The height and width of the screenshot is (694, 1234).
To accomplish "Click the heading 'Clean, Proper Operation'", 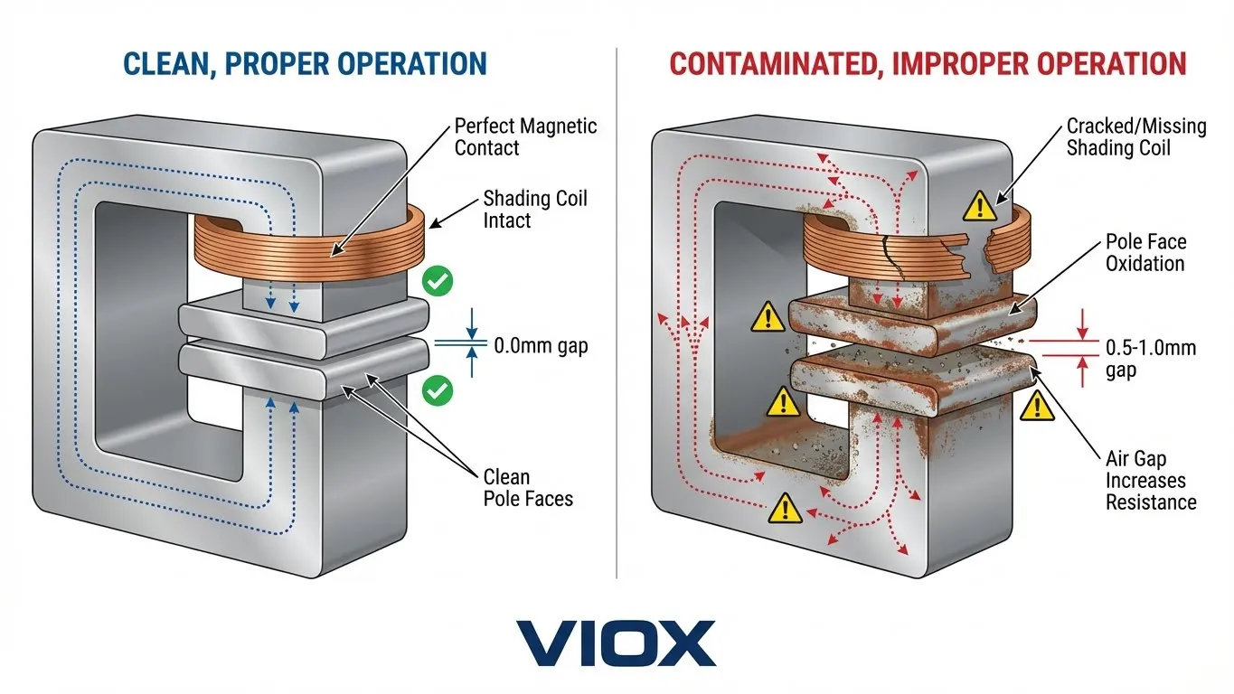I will click(305, 63).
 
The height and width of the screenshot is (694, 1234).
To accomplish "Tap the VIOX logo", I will click(616, 642).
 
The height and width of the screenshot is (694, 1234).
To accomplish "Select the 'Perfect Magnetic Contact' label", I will click(525, 136).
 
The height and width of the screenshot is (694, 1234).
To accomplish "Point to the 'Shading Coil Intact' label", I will click(535, 208).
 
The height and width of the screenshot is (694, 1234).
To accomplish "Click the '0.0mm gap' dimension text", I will click(541, 344).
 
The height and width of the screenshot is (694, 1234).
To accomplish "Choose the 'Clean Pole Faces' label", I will click(527, 487).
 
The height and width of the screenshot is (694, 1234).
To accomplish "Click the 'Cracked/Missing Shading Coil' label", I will click(1136, 136).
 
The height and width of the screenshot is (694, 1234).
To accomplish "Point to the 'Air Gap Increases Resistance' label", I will click(1151, 481).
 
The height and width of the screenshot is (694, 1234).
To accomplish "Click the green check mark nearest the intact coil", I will click(438, 283).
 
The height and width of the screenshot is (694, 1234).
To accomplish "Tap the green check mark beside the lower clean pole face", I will click(438, 391).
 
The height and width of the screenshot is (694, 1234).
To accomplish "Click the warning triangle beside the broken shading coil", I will click(978, 208).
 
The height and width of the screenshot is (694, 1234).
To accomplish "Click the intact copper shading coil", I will click(307, 242).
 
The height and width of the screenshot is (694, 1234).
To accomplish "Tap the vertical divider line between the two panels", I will click(617, 316).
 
